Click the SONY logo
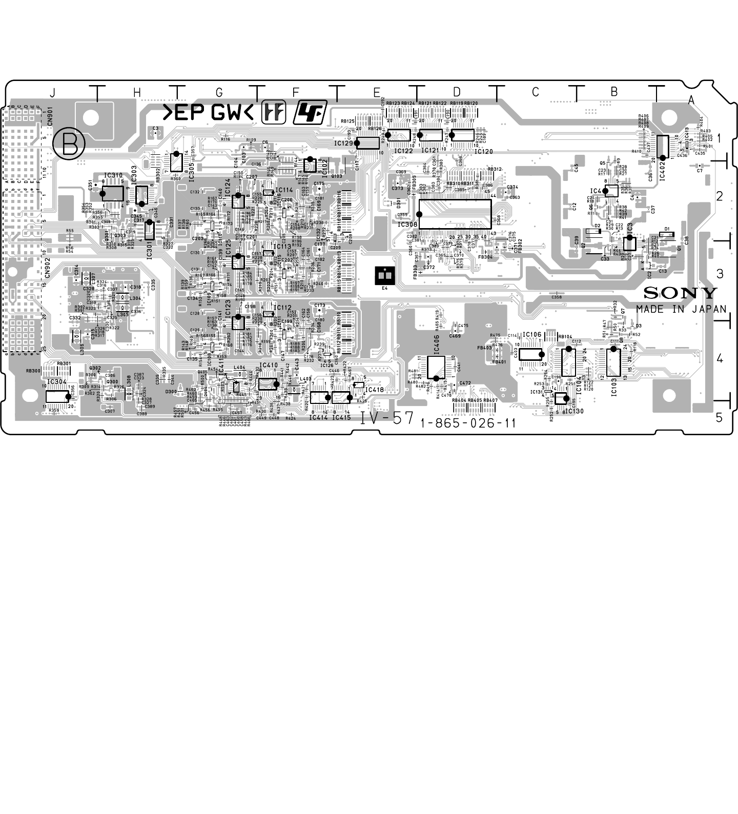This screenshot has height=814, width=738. [x=680, y=293]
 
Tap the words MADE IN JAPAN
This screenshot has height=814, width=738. [x=681, y=309]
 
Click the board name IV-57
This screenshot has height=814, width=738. [x=386, y=418]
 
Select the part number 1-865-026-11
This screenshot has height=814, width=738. [x=467, y=423]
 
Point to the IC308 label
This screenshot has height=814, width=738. [x=407, y=224]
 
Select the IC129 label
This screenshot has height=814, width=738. [x=344, y=144]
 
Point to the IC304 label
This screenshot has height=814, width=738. [x=57, y=382]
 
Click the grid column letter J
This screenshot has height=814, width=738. [x=52, y=93]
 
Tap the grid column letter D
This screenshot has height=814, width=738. [x=457, y=92]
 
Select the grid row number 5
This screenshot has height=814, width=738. [x=719, y=418]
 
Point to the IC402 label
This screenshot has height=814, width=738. [x=662, y=169]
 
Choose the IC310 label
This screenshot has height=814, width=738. [x=113, y=176]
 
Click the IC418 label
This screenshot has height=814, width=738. [x=375, y=390]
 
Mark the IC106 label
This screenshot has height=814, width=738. [x=532, y=335]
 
